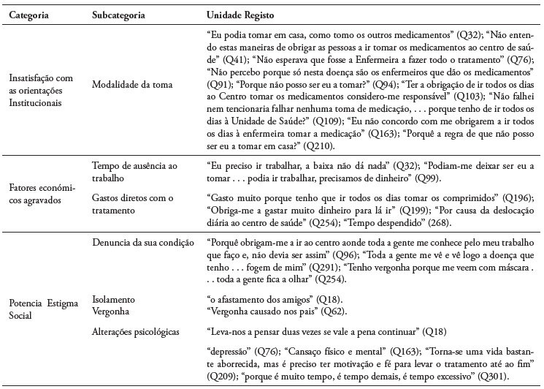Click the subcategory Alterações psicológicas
[x=137, y=331]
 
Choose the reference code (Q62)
[x=312, y=311]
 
